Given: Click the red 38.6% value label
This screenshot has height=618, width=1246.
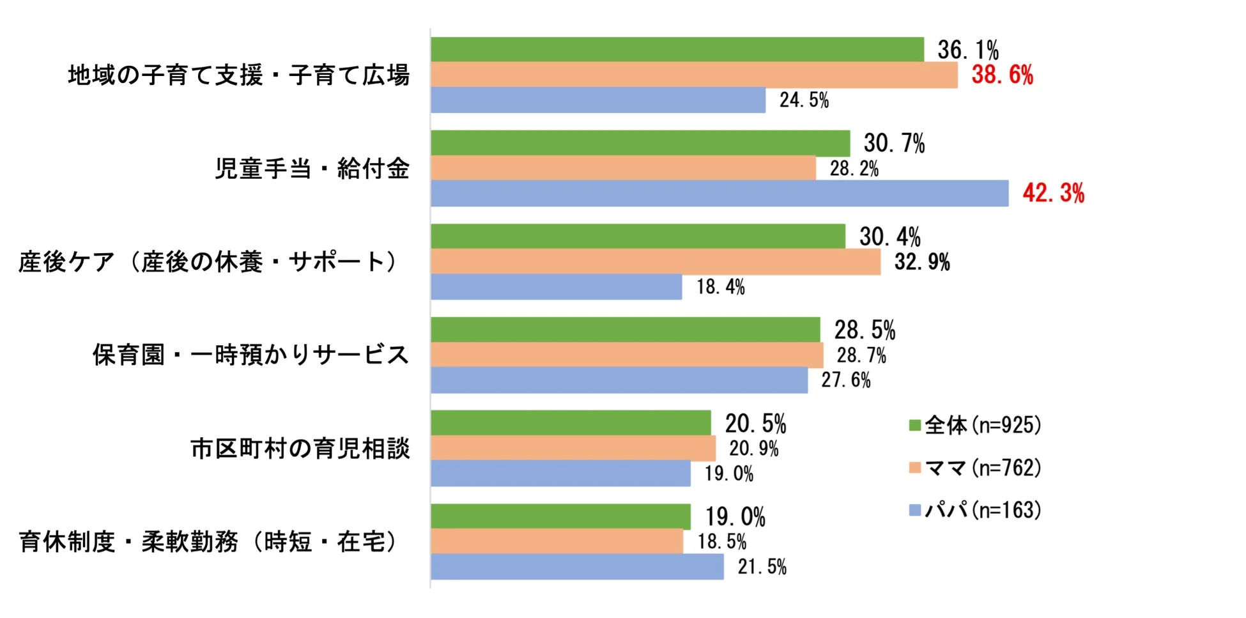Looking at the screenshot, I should pyautogui.click(x=1002, y=75).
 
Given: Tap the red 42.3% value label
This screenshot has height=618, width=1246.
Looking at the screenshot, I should pyautogui.click(x=1053, y=193).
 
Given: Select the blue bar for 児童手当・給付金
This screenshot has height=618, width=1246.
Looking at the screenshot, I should pyautogui.click(x=719, y=193).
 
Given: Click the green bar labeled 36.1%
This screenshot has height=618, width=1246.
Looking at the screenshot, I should pyautogui.click(x=677, y=49).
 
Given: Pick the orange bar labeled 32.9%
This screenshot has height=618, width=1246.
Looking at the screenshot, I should pyautogui.click(x=655, y=262).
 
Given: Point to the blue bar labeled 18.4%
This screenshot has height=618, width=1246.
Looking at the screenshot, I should pyautogui.click(x=556, y=287).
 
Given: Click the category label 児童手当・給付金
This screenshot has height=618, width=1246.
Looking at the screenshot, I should pyautogui.click(x=312, y=169).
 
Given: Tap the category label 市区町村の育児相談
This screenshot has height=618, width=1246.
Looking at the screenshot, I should pyautogui.click(x=300, y=449).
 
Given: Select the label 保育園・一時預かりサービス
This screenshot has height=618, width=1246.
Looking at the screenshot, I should pyautogui.click(x=250, y=355).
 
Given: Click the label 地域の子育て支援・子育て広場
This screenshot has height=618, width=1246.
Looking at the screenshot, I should pyautogui.click(x=238, y=75).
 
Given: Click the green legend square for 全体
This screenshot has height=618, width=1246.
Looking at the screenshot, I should pyautogui.click(x=914, y=425).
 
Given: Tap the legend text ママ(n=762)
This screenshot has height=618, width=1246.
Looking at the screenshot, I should pyautogui.click(x=983, y=468).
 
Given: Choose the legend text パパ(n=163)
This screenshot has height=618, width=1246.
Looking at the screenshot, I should pyautogui.click(x=983, y=510).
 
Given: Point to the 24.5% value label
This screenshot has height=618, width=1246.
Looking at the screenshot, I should pyautogui.click(x=804, y=100).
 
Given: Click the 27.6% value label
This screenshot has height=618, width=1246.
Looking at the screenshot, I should pyautogui.click(x=845, y=380).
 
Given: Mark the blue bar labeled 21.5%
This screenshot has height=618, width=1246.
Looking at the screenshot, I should pyautogui.click(x=576, y=567).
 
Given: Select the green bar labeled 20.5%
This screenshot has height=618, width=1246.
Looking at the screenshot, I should pyautogui.click(x=570, y=423).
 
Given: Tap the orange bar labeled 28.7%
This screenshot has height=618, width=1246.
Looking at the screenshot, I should pyautogui.click(x=626, y=355).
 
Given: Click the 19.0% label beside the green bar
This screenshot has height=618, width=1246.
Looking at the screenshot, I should pyautogui.click(x=735, y=516).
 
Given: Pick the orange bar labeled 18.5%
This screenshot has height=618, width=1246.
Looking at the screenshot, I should pyautogui.click(x=556, y=542).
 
